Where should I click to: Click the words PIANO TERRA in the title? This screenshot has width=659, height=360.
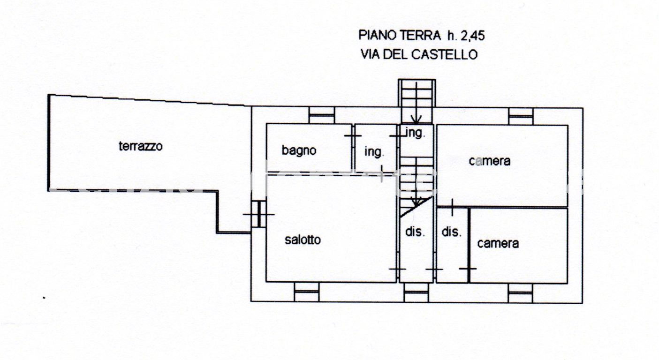(400, 35)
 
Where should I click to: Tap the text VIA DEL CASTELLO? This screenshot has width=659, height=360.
(419, 54)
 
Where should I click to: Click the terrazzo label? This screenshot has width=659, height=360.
(140, 146)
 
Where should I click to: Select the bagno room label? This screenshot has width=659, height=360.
(299, 150)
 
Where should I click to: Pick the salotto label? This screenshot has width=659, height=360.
(303, 240)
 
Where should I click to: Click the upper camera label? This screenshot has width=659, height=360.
(489, 161)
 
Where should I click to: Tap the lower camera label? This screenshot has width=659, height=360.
(498, 243)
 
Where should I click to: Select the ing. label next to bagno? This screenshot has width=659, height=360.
(374, 152)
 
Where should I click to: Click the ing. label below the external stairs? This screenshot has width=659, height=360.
(415, 133)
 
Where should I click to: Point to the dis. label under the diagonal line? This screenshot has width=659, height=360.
(415, 232)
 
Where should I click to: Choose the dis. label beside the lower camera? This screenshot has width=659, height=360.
(452, 232)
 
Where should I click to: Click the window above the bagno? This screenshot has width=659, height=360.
(322, 115)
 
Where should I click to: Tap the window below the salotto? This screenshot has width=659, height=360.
(306, 292)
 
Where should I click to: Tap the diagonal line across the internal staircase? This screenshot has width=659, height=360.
(417, 206)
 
